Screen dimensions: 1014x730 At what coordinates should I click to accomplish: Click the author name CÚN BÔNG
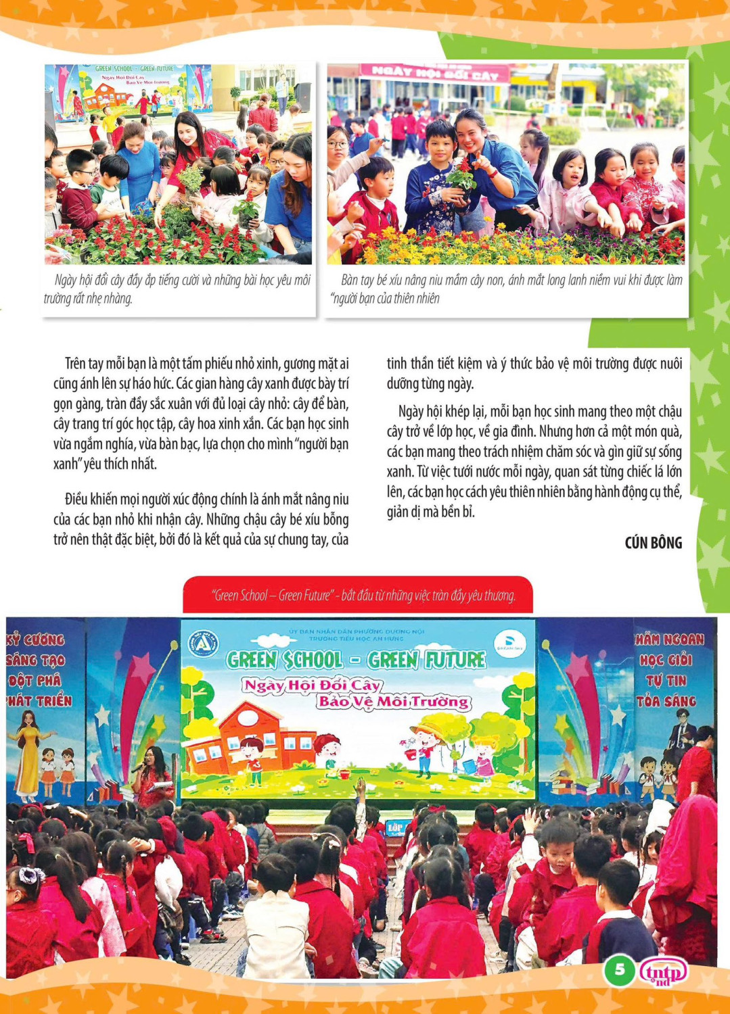click(x=653, y=543)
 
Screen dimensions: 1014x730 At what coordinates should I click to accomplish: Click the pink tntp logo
click(x=663, y=972)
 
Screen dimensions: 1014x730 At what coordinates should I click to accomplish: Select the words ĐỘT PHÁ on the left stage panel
click(x=35, y=680)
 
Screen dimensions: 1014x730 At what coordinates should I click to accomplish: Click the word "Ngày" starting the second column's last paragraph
click(x=411, y=412)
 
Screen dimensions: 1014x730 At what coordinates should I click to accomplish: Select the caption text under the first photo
click(x=177, y=289)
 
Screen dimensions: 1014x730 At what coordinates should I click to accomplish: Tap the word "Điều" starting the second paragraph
click(x=78, y=500)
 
